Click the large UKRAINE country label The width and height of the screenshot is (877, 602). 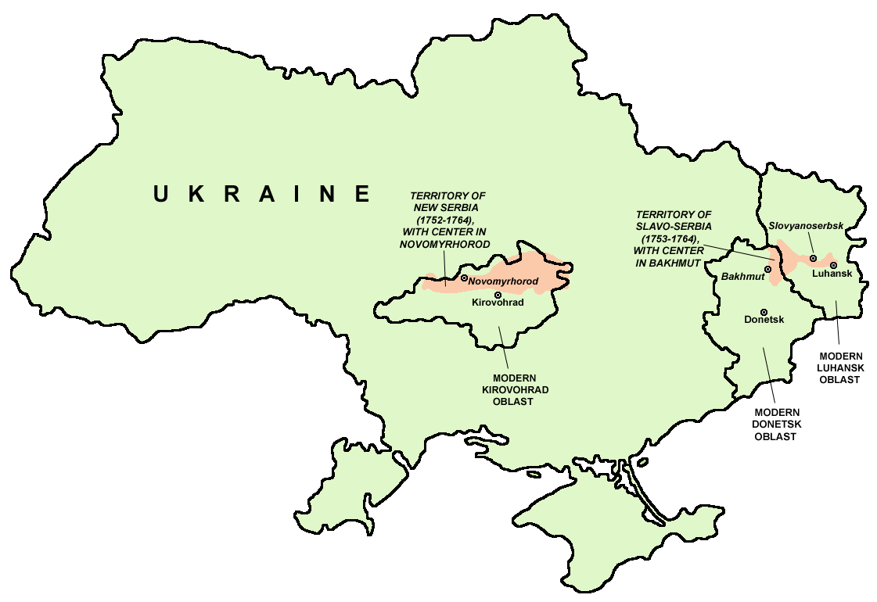(x=261, y=194)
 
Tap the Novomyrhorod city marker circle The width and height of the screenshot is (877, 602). (x=464, y=278)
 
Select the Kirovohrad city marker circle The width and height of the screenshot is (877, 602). (x=498, y=295)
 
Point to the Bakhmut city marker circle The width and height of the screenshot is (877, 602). (x=767, y=269)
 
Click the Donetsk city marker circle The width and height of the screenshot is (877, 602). (x=764, y=312)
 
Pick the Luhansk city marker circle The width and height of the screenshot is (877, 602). (x=834, y=265)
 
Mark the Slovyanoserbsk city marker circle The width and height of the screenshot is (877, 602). (x=813, y=258)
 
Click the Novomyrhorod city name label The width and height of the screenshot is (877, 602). (x=504, y=280)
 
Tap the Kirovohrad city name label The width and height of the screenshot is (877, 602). (x=498, y=303)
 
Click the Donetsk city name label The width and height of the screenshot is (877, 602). (x=764, y=320)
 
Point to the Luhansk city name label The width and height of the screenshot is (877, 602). (x=832, y=274)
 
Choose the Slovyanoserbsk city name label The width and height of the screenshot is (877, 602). (x=806, y=225)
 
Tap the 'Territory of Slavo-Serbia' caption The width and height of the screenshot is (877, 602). (x=674, y=238)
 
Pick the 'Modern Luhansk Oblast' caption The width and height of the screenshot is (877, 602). (x=838, y=367)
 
